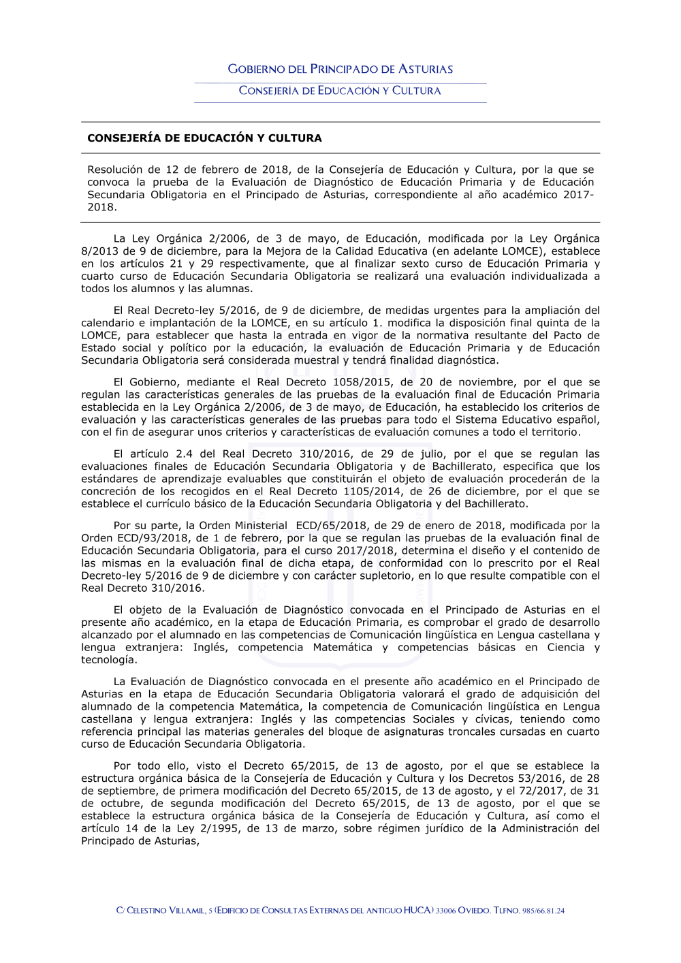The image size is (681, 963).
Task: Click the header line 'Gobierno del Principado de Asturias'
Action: coord(340,69)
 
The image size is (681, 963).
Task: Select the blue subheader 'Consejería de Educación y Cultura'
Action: coord(340,91)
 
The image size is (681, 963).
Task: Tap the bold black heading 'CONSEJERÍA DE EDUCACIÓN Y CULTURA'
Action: coord(204,138)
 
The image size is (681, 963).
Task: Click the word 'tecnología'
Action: coord(109,659)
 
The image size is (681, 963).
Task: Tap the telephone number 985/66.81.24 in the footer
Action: coord(543,911)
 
